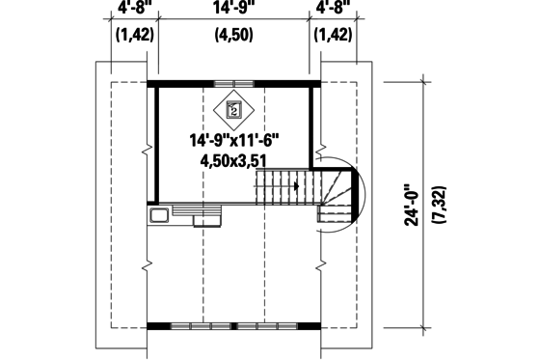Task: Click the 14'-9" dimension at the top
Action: pos(233,8)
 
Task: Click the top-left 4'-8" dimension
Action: pos(134,8)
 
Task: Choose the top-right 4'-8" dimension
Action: pos(335,8)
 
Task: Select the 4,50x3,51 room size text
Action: pos(232,160)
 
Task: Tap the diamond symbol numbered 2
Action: pos(233,109)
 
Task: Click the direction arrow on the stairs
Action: pos(295,183)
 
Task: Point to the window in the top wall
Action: pos(233,84)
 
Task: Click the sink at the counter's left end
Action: pos(159,214)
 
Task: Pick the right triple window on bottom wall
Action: pos(268,326)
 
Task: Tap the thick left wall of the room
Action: pos(153,145)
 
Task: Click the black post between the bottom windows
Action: pos(233,326)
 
